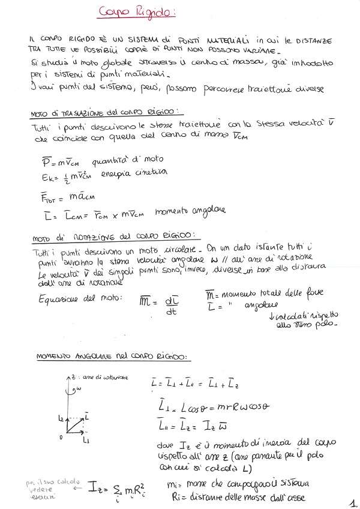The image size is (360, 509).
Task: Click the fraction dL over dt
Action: pyautogui.click(x=171, y=302)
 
